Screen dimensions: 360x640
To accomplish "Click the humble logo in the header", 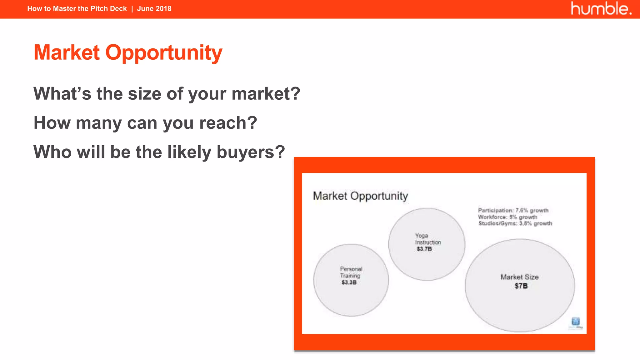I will (x=601, y=8).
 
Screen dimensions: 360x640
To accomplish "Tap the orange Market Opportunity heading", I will (x=128, y=52).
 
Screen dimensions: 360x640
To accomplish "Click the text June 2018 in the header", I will (x=154, y=8).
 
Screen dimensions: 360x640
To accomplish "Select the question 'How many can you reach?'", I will (x=145, y=123).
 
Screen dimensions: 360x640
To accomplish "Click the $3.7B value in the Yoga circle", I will (x=424, y=249).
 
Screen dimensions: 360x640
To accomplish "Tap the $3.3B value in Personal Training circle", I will (x=349, y=282).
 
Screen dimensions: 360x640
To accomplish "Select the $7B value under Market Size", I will (x=521, y=286).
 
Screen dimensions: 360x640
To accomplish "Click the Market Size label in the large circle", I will (x=519, y=277).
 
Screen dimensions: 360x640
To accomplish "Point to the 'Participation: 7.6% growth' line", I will (x=513, y=210).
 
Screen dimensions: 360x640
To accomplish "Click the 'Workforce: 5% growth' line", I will (x=507, y=217).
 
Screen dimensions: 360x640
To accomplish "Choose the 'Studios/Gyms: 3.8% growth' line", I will (x=515, y=223).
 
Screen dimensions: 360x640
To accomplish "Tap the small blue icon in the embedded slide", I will (x=575, y=322).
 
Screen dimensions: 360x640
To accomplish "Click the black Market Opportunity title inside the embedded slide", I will (x=360, y=196).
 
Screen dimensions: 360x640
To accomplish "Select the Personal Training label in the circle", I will (x=351, y=272).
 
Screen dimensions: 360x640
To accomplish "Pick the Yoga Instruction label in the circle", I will (x=427, y=239).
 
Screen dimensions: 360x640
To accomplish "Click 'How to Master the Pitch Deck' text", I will (x=77, y=8).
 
